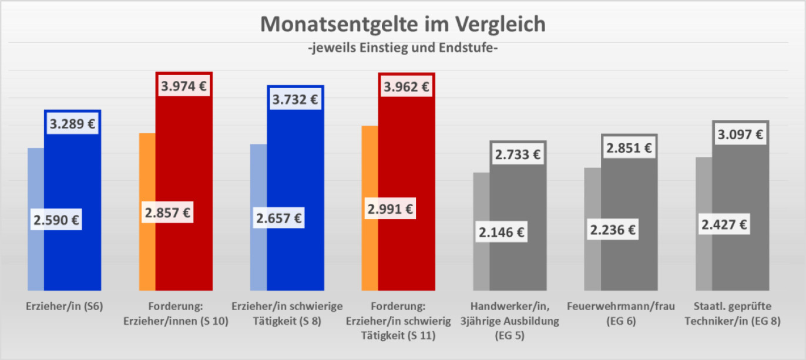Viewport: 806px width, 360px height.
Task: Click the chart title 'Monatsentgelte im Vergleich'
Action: pyautogui.click(x=403, y=25)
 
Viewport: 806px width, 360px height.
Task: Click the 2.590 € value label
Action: pyautogui.click(x=56, y=221)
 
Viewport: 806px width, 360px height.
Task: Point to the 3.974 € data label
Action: pyautogui.click(x=184, y=86)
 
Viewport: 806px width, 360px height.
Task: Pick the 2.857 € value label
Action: pyautogui.click(x=167, y=213)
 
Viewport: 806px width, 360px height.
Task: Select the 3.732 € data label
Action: pyautogui.click(x=295, y=99)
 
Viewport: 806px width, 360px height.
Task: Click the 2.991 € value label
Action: pyautogui.click(x=391, y=208)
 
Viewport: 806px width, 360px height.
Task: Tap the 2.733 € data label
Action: pyautogui.click(x=518, y=154)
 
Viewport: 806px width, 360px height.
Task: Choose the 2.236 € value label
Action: pyautogui.click(x=613, y=230)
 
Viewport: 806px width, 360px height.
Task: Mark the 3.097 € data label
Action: pyautogui.click(x=740, y=134)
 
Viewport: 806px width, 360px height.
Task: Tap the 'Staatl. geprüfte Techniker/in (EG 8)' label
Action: pyautogui.click(x=740, y=314)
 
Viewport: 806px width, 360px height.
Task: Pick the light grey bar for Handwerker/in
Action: pyautogui.click(x=481, y=264)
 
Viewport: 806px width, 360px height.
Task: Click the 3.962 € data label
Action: pyautogui.click(x=407, y=87)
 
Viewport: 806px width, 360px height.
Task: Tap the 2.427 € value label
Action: pyautogui.click(x=724, y=224)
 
